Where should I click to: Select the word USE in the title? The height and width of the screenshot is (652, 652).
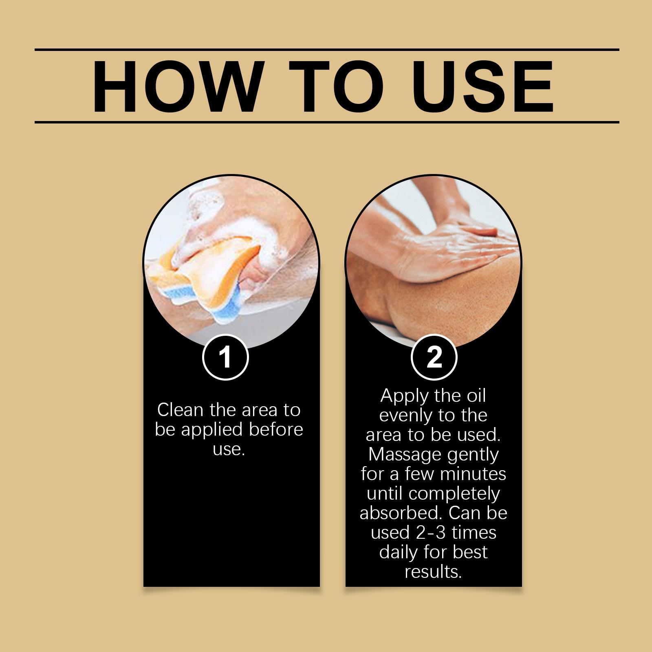pos(484,86)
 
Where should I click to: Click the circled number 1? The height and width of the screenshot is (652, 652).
pos(225,357)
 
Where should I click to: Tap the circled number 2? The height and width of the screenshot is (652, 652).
pos(434,357)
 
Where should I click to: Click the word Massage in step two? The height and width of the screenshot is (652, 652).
pos(405,455)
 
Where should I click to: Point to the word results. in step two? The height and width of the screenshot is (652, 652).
pos(433,572)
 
